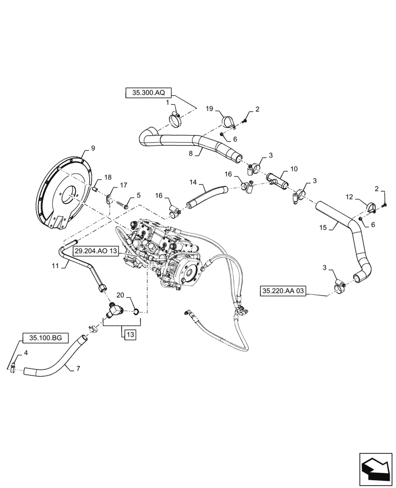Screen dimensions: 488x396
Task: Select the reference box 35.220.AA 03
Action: point(283,291)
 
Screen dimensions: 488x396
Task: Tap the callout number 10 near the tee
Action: point(294,168)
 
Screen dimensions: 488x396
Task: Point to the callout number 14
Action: point(194,182)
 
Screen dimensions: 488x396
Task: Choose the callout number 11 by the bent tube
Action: point(54,266)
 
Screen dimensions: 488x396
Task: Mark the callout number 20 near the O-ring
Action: point(120,295)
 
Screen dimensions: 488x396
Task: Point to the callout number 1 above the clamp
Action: point(167,103)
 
